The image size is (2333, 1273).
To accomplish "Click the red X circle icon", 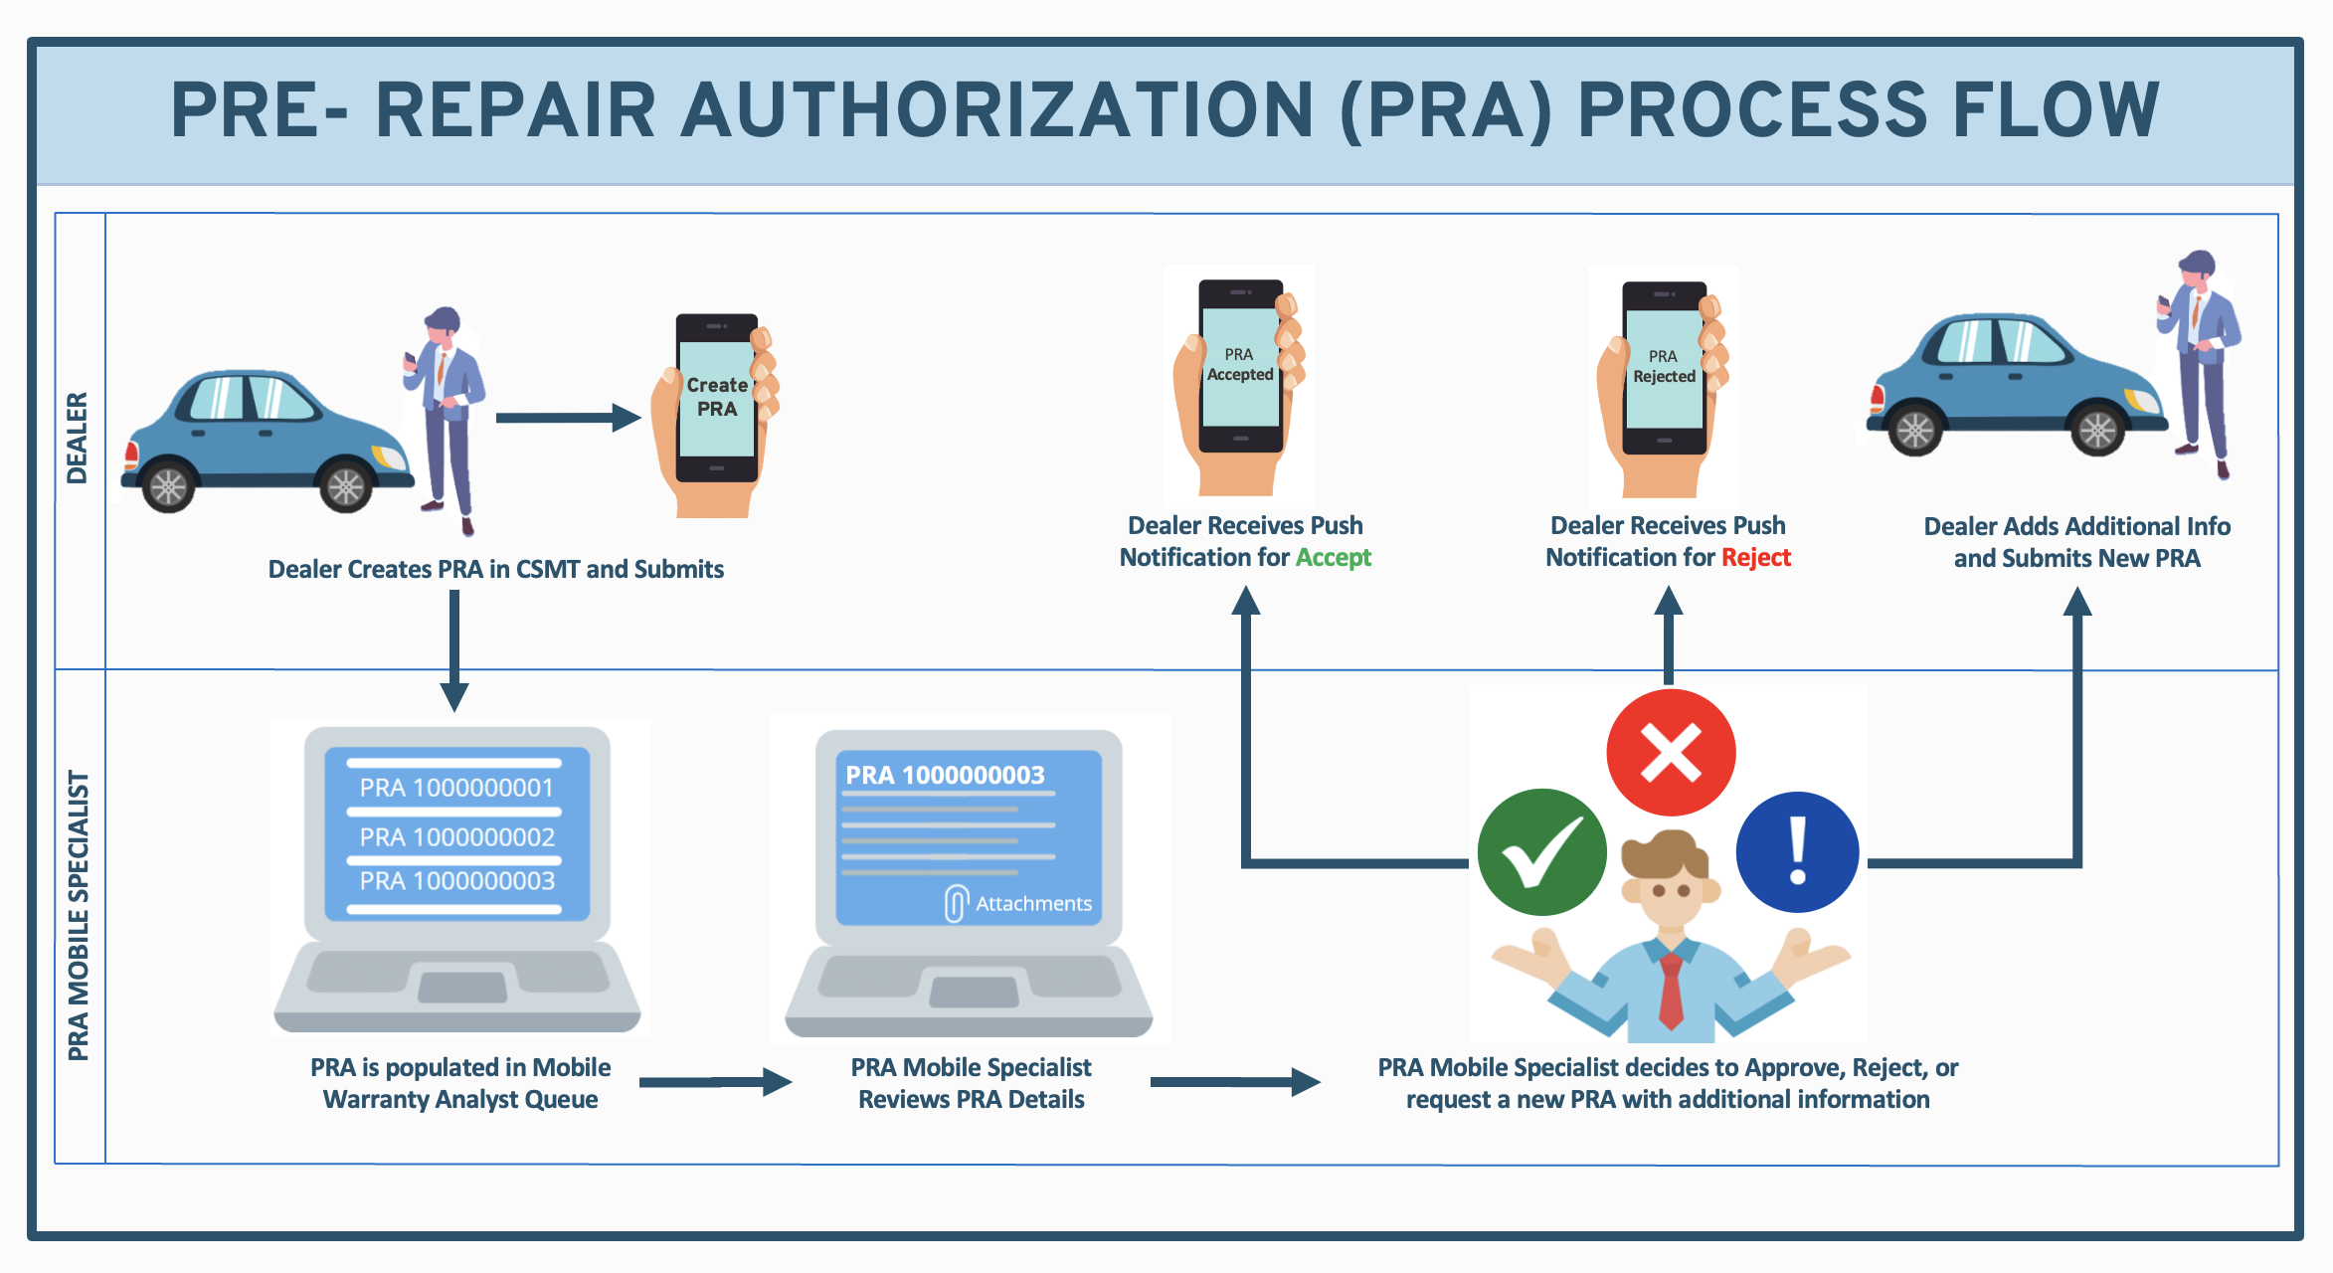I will (x=1671, y=752).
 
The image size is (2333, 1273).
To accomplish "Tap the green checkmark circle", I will (x=1541, y=851).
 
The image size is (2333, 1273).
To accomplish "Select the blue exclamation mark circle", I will (x=1797, y=851).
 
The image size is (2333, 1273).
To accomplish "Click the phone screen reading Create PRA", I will (x=716, y=398).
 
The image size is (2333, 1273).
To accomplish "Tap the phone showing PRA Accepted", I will (x=1240, y=366).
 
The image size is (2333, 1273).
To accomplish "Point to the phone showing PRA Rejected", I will (x=1664, y=368).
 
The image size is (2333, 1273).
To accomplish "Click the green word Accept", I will (x=1333, y=558).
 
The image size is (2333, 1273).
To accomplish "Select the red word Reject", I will (x=1756, y=558).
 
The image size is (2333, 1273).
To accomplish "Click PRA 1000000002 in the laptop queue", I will (x=456, y=837).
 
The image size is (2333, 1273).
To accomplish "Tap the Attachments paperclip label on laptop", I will (x=1020, y=903).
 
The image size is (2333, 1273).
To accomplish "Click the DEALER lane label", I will (x=78, y=439).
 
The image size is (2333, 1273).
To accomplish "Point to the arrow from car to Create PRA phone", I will (x=568, y=418).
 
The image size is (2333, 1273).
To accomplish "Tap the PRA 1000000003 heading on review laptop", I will (x=945, y=776).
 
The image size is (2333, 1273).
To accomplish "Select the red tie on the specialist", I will (x=1671, y=990).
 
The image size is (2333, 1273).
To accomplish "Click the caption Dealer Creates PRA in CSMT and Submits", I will (x=495, y=569).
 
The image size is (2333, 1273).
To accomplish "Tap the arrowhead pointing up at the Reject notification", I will (x=1669, y=601).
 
